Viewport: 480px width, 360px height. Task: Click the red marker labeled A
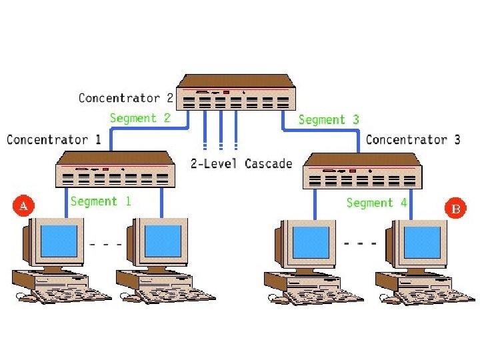23,206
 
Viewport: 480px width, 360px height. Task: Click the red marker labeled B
456,209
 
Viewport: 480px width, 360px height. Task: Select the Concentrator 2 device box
237,94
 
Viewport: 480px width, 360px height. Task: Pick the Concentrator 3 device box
362,171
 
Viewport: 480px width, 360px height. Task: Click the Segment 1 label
101,201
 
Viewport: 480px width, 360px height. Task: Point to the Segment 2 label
140,118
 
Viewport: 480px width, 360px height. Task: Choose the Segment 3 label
329,119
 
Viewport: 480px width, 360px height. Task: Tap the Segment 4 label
377,202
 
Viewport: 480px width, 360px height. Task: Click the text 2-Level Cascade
241,163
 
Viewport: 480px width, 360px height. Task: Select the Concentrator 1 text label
54,139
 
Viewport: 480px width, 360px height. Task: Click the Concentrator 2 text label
126,98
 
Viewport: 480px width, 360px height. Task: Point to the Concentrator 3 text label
413,139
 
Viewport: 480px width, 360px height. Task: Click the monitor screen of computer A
59,242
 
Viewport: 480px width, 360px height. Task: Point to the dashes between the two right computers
361,243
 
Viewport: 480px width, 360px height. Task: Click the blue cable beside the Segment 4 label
410,203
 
